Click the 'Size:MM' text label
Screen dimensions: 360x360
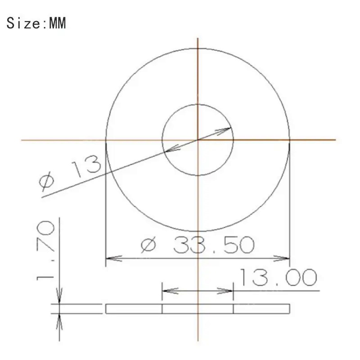(36, 23)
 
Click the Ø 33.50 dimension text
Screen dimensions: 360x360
(198, 245)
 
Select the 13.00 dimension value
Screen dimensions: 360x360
(278, 278)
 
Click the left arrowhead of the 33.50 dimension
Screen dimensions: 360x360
(114, 258)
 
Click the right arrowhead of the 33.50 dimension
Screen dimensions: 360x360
(282, 258)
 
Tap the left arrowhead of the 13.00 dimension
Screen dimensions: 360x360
(170, 291)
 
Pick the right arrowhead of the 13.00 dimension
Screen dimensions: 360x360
(225, 291)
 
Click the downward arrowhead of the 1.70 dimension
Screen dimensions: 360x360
(59, 296)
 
